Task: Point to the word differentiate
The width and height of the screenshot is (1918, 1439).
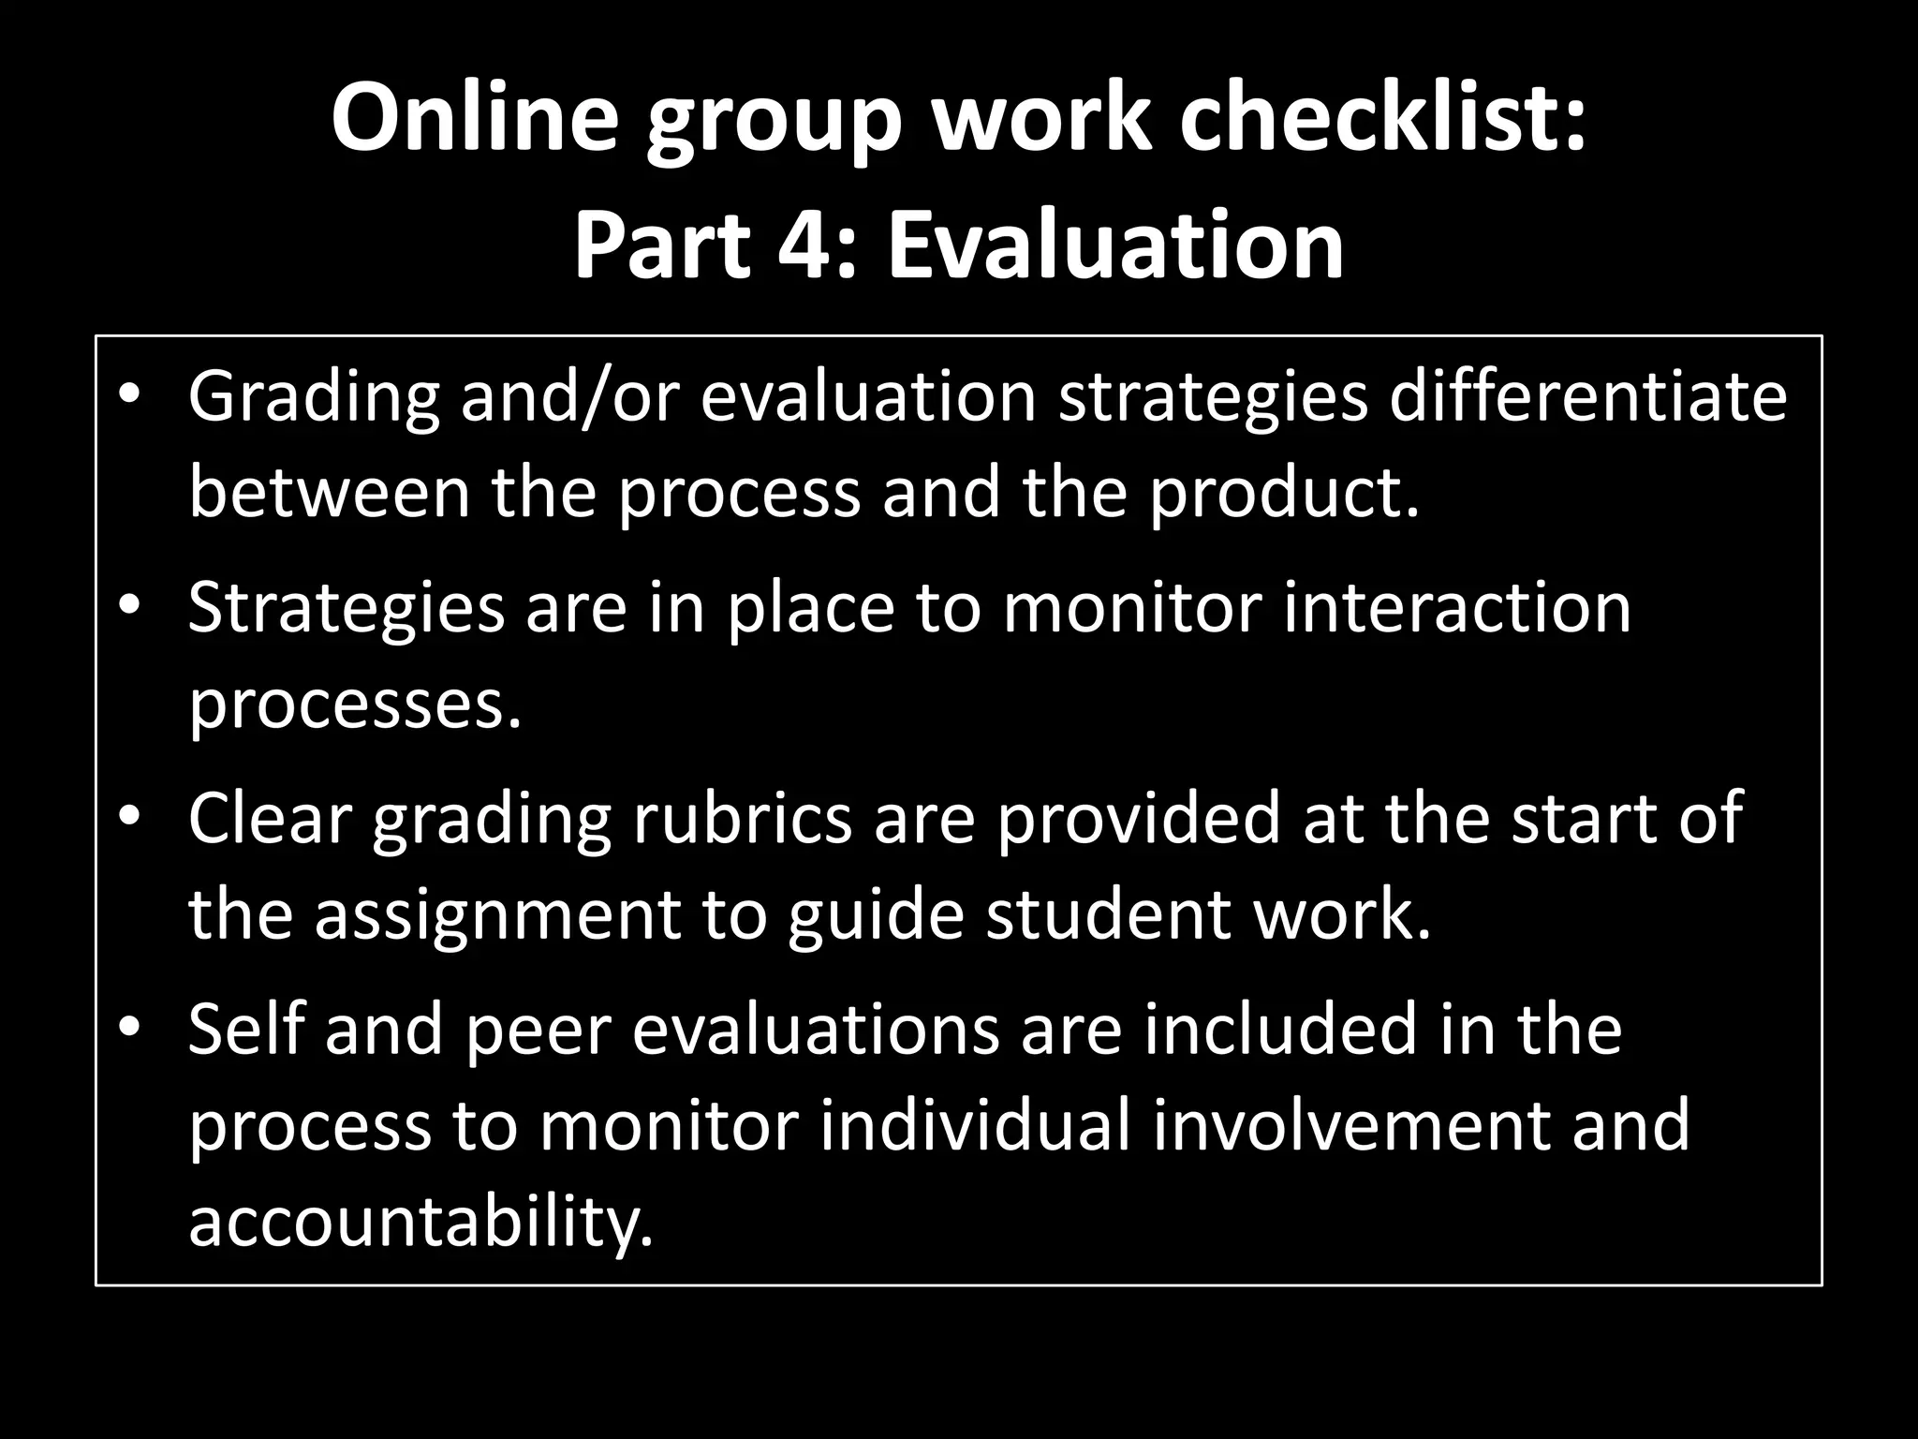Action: point(1588,396)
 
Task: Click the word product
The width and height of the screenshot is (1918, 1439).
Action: point(1284,495)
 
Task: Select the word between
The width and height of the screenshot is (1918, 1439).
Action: point(330,493)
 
